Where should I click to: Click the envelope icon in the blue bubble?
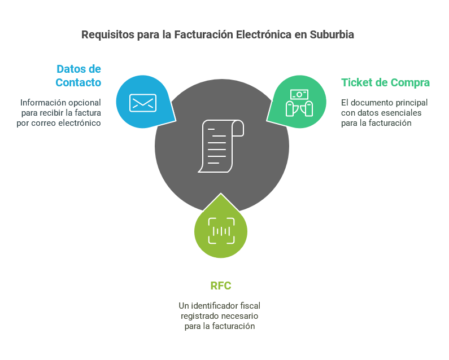pyautogui.click(x=142, y=103)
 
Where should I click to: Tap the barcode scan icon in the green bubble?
pyautogui.click(x=221, y=230)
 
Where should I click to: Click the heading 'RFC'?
pyautogui.click(x=221, y=286)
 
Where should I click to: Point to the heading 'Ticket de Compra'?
pyautogui.click(x=385, y=82)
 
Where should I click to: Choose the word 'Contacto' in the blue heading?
pyautogui.click(x=79, y=82)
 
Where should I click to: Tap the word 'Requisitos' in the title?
pyautogui.click(x=108, y=34)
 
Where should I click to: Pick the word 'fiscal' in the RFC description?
pyautogui.click(x=250, y=306)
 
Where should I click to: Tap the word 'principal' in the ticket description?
pyautogui.click(x=410, y=103)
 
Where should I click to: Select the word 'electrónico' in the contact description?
pyautogui.click(x=80, y=123)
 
